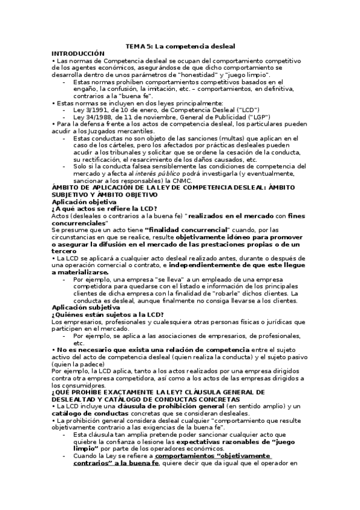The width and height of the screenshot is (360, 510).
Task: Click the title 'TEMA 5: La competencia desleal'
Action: point(180,46)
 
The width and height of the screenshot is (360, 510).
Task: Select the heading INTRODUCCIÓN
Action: point(79,54)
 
